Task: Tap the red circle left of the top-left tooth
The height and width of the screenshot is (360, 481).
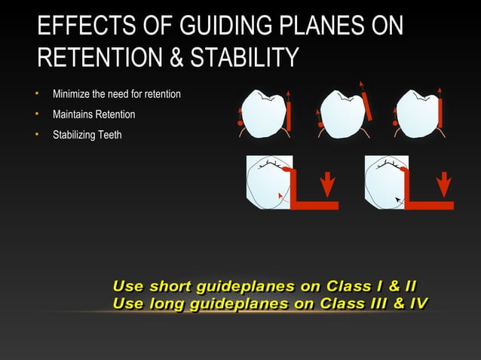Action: (x=240, y=122)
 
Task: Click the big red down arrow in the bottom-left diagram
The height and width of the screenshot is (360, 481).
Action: (x=326, y=184)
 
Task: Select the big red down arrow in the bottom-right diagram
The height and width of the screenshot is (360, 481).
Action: (x=444, y=184)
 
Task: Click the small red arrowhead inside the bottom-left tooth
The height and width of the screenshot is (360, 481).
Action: (x=280, y=194)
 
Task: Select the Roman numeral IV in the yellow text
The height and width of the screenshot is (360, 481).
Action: (x=416, y=304)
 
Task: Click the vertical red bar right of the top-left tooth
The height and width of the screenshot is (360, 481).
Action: (x=289, y=115)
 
